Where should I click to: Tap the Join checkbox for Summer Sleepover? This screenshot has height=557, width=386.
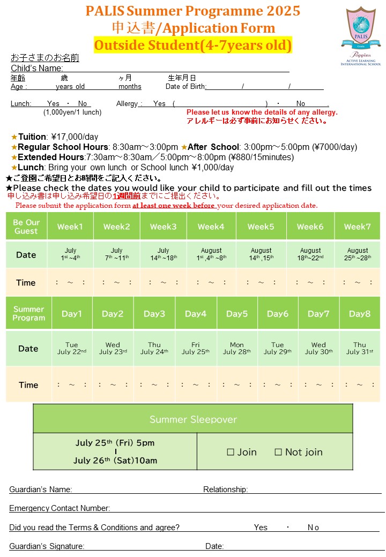pyautogui.click(x=231, y=452)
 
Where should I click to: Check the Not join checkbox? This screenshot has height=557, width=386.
pyautogui.click(x=278, y=452)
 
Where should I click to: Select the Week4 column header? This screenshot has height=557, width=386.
pyautogui.click(x=211, y=227)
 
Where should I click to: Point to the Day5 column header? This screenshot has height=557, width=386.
pyautogui.click(x=237, y=314)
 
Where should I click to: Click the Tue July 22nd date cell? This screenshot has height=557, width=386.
pyautogui.click(x=71, y=349)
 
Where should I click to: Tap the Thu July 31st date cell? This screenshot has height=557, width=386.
pyautogui.click(x=359, y=349)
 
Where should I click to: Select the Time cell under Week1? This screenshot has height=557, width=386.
pyautogui.click(x=70, y=282)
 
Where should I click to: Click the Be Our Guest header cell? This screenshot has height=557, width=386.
pyautogui.click(x=26, y=227)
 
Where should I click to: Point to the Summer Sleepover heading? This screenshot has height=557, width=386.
pyautogui.click(x=193, y=419)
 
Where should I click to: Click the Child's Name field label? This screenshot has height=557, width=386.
pyautogui.click(x=37, y=68)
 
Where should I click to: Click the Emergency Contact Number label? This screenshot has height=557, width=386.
pyautogui.click(x=60, y=508)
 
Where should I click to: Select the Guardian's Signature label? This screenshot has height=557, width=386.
pyautogui.click(x=47, y=546)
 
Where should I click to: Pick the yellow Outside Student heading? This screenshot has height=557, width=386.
pyautogui.click(x=193, y=46)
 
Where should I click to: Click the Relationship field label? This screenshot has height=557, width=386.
pyautogui.click(x=225, y=489)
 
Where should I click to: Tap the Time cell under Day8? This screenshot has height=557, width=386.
pyautogui.click(x=359, y=385)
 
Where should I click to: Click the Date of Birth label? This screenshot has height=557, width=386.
pyautogui.click(x=185, y=86)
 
